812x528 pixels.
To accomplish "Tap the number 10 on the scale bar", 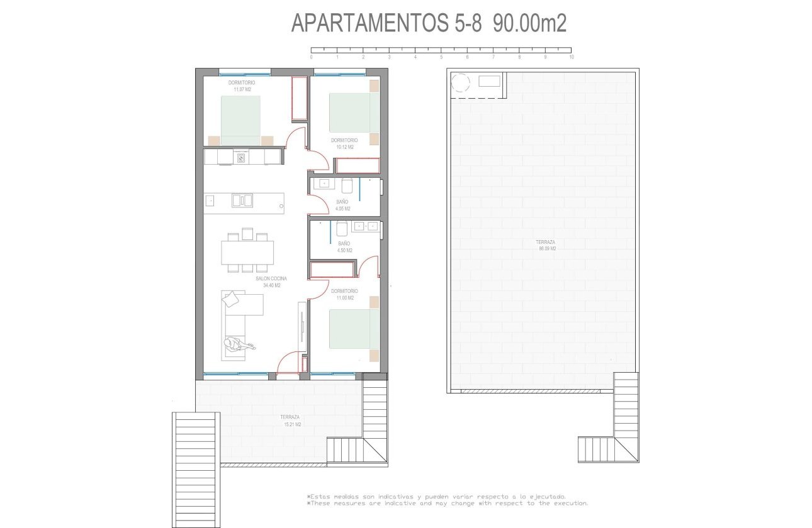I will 571,57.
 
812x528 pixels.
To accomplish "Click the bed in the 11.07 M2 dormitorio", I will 240,120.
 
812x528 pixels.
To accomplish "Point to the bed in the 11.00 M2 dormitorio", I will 354,328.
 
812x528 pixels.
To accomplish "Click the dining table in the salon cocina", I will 247,253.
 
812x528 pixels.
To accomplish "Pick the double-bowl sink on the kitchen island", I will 242,201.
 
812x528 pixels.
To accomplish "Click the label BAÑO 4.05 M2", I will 342,205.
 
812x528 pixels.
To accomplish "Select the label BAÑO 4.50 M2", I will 344,246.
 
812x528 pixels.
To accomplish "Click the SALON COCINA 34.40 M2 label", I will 271,282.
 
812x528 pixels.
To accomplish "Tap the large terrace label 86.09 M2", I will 546,245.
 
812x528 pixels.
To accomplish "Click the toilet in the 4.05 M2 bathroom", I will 347,186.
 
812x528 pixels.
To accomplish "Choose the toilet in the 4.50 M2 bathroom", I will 342,228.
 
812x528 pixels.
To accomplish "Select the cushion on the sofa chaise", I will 231,299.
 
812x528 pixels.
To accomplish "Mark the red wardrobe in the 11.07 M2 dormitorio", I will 300,99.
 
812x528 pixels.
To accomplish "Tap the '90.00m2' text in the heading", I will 530,23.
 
